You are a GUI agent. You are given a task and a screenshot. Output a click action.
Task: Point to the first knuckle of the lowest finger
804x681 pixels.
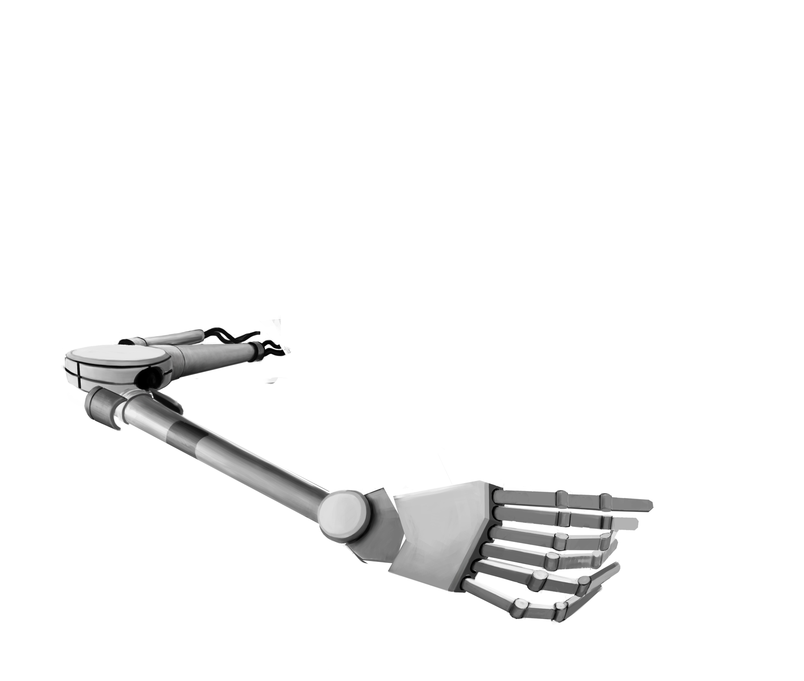517,607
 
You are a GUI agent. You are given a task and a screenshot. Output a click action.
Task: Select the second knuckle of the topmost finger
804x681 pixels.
605,500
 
